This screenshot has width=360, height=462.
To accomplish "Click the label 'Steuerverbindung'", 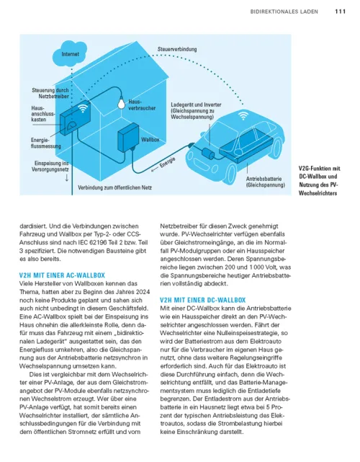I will point(177,48).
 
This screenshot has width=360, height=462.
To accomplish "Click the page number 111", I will point(340,11).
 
